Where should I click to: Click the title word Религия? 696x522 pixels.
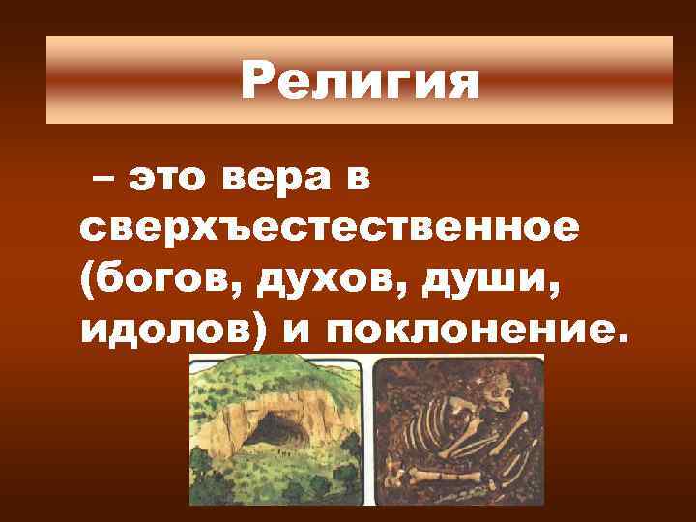pos(360,81)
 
